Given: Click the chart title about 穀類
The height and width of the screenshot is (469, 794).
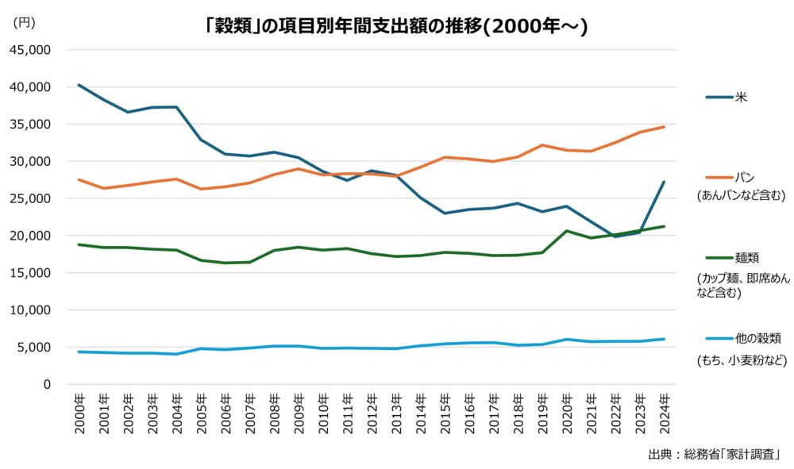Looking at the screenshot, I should pyautogui.click(x=396, y=26).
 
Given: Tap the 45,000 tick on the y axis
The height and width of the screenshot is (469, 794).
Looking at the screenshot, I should pyautogui.click(x=29, y=49).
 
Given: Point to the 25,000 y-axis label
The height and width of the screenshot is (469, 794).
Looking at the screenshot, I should pyautogui.click(x=29, y=198).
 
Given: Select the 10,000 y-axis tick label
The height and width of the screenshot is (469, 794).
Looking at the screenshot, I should pyautogui.click(x=29, y=310).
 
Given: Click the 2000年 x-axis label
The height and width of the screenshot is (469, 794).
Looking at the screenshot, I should pyautogui.click(x=79, y=413).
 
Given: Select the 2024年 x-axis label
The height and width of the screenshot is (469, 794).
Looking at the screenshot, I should pyautogui.click(x=664, y=413).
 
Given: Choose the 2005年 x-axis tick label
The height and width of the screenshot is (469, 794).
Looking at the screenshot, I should pyautogui.click(x=201, y=413).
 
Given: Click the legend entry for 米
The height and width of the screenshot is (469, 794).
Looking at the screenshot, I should pyautogui.click(x=741, y=98).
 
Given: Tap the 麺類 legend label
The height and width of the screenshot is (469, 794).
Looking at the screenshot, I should pyautogui.click(x=748, y=258).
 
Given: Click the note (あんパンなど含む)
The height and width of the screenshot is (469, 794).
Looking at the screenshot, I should pyautogui.click(x=740, y=195).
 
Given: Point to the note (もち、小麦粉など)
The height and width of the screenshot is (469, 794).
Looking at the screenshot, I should pyautogui.click(x=741, y=359).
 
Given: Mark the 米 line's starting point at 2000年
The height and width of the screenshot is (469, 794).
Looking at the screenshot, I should pyautogui.click(x=79, y=85).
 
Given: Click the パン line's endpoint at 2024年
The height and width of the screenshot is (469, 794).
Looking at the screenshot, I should pyautogui.click(x=664, y=127).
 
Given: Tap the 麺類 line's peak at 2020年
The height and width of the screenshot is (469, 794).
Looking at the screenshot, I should pyautogui.click(x=566, y=231).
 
